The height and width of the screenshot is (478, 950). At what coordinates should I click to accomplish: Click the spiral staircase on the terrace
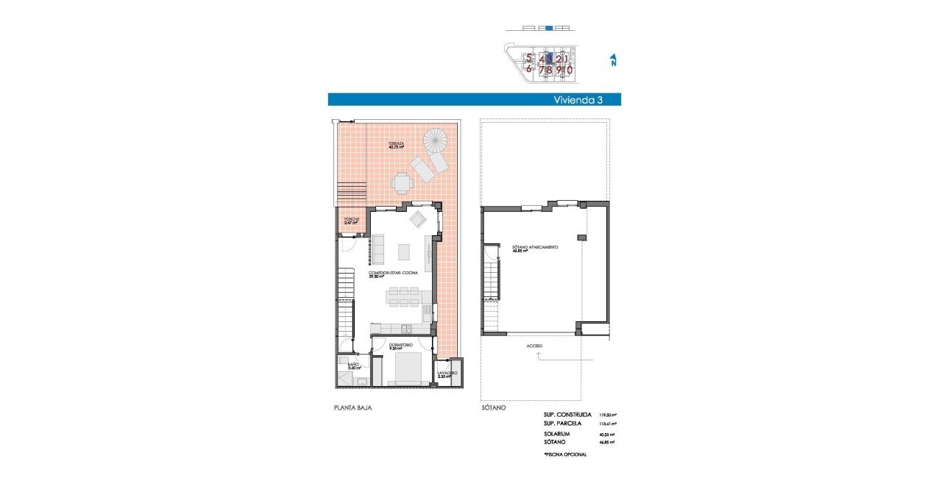[434, 139]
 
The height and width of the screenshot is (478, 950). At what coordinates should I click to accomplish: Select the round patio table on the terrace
[401, 180]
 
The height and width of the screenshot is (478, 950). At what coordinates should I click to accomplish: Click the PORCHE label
[350, 220]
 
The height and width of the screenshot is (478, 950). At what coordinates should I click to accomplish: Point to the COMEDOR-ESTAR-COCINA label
[393, 274]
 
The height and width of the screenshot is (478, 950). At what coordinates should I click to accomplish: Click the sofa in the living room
[380, 249]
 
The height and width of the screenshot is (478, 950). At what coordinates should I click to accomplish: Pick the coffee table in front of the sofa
[405, 252]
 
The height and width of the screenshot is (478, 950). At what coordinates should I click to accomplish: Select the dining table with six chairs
[404, 296]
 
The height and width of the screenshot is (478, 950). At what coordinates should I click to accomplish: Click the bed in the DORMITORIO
[404, 368]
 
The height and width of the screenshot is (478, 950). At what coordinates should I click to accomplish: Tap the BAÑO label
[353, 365]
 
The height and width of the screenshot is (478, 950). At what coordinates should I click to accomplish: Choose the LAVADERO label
[447, 374]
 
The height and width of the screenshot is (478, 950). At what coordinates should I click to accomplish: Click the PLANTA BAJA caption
[349, 407]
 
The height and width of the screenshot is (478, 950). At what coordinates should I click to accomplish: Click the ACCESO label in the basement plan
[534, 345]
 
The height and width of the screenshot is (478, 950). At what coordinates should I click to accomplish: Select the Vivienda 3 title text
[578, 100]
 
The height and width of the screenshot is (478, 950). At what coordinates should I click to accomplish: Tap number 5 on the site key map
[528, 57]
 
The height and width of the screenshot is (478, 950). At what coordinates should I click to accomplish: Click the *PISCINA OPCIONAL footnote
[565, 455]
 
